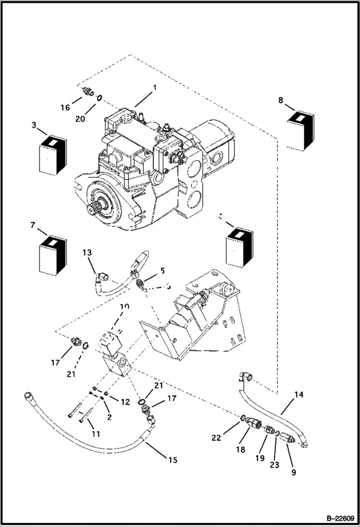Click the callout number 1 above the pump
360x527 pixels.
click(155, 88)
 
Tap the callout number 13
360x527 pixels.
click(87, 253)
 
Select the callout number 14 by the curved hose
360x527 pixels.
click(299, 395)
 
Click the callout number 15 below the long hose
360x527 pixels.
click(173, 460)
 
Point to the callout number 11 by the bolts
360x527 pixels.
click(96, 434)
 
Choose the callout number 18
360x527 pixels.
click(241, 450)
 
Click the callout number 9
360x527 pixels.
click(293, 472)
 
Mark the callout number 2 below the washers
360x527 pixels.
click(109, 417)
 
